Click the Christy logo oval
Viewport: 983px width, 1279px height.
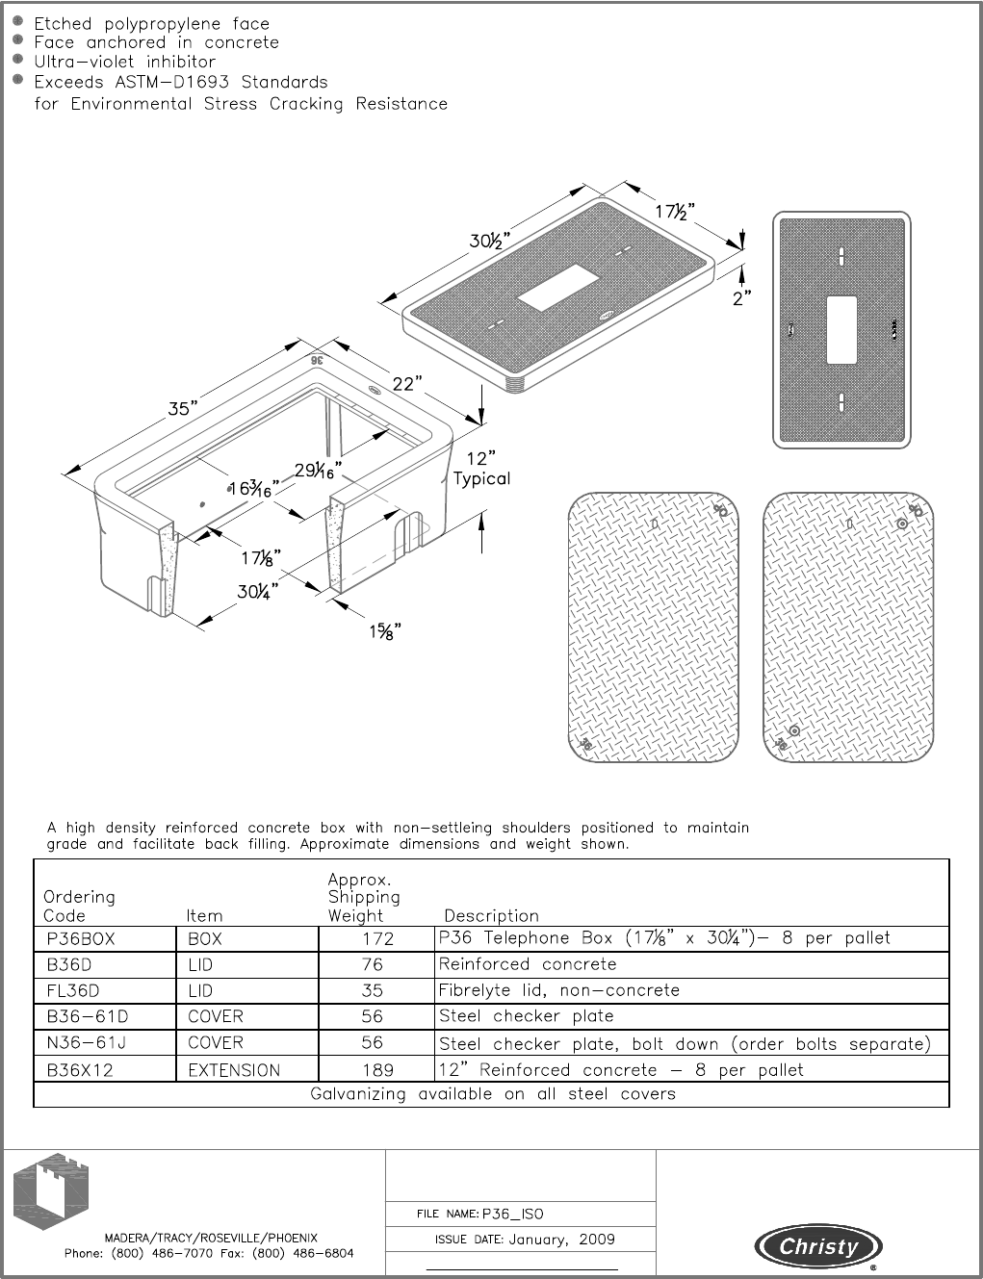click(818, 1247)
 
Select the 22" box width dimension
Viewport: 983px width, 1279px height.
click(405, 384)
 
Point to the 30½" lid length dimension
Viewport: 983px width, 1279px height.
click(489, 241)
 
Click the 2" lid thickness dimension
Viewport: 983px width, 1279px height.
click(740, 298)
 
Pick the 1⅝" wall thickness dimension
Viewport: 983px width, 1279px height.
click(384, 631)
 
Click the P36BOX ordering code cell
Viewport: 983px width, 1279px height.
click(81, 939)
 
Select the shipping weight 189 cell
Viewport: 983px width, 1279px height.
click(377, 1070)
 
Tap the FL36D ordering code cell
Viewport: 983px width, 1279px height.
click(73, 991)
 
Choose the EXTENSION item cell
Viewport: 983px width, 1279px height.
click(234, 1070)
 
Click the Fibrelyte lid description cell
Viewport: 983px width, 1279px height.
click(559, 991)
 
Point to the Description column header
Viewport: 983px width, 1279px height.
click(491, 916)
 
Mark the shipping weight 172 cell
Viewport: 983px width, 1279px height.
click(377, 939)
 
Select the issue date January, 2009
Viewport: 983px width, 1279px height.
click(561, 1240)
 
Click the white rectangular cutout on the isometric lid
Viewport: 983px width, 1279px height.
click(559, 287)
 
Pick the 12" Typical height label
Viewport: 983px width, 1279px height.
click(481, 469)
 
